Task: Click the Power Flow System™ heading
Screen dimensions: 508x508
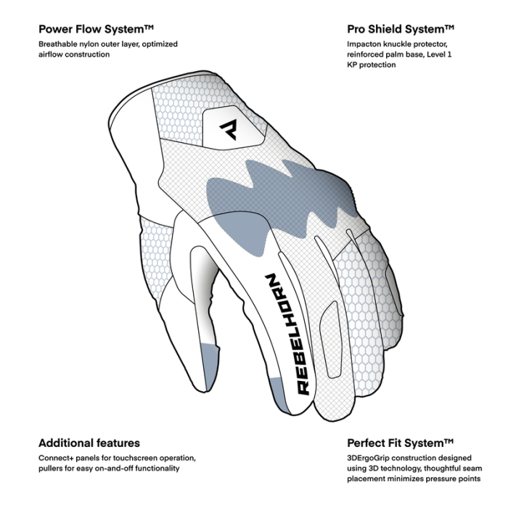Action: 97,30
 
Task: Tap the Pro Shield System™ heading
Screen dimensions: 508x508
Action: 400,30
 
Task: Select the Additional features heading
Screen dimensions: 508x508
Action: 89,443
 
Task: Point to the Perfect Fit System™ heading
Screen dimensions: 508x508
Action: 400,443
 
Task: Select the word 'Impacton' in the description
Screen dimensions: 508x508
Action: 366,44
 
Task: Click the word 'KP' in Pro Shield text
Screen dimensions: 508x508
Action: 353,65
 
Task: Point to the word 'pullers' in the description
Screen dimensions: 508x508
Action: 53,469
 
